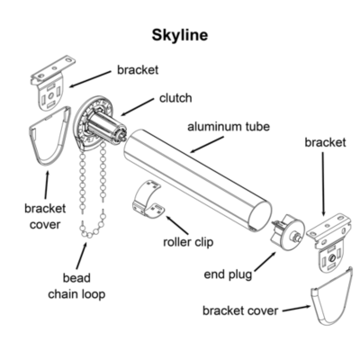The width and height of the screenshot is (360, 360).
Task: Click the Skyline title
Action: point(180,35)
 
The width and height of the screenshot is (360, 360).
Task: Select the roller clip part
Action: point(150,200)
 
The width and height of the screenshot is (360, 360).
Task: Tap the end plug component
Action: point(287,229)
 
